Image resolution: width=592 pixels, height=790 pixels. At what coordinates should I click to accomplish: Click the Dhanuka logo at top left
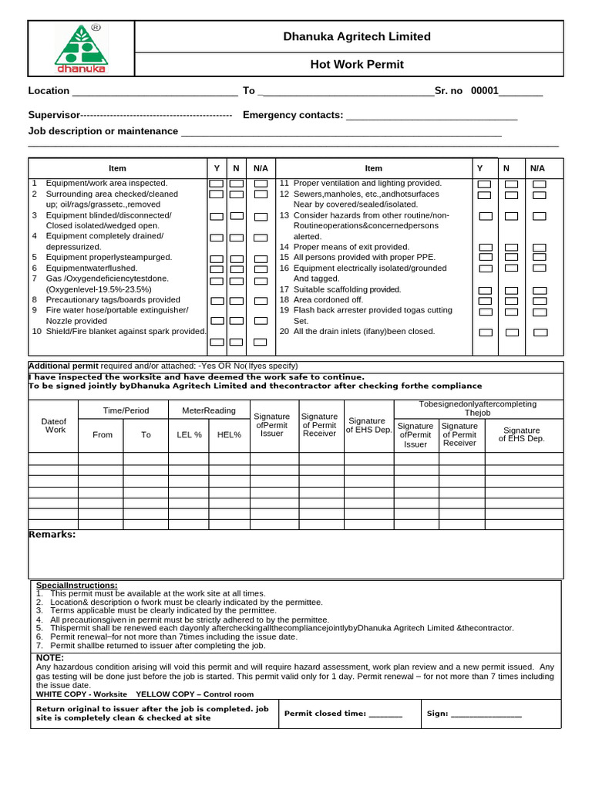pyautogui.click(x=81, y=49)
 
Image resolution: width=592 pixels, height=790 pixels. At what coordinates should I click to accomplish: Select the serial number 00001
pyautogui.click(x=485, y=91)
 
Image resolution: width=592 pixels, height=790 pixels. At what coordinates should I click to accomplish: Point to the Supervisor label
pyautogui.click(x=54, y=115)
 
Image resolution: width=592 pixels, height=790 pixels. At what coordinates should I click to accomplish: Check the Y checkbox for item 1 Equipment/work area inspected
pyautogui.click(x=217, y=184)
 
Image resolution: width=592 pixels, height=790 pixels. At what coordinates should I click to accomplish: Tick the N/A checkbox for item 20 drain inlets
pyautogui.click(x=540, y=333)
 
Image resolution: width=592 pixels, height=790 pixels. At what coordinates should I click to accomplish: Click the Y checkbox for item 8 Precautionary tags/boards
pyautogui.click(x=217, y=301)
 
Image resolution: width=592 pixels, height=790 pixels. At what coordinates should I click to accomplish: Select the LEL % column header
pyautogui.click(x=189, y=435)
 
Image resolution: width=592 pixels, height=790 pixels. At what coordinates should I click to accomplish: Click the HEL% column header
pyautogui.click(x=229, y=435)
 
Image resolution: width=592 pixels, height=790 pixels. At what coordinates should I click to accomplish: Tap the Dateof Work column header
pyautogui.click(x=54, y=425)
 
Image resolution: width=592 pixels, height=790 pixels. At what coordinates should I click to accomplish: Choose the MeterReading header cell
pyautogui.click(x=208, y=410)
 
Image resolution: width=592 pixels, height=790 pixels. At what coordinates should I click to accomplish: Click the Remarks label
pyautogui.click(x=52, y=535)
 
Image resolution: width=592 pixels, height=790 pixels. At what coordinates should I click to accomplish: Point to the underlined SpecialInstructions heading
pyautogui.click(x=77, y=586)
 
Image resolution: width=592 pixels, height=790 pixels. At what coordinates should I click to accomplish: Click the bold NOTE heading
pyautogui.click(x=50, y=658)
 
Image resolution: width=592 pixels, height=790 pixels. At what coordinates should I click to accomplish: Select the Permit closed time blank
pyautogui.click(x=385, y=714)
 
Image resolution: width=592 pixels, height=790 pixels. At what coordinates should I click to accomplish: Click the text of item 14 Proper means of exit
pyautogui.click(x=344, y=247)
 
